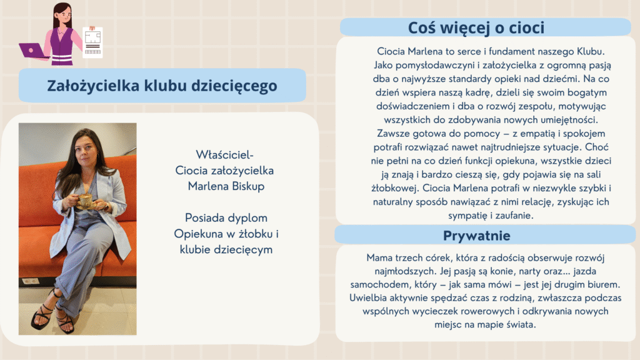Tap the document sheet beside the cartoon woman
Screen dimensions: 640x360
[x=92, y=42]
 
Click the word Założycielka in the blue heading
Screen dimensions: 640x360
[x=93, y=86]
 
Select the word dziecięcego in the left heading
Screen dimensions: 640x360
[x=234, y=86]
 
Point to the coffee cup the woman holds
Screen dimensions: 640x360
[x=85, y=201]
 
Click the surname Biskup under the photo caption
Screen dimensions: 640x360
[x=246, y=186]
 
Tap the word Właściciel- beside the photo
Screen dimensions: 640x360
[x=224, y=155]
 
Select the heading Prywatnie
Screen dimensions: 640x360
[x=477, y=236]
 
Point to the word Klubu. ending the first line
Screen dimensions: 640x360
[x=591, y=51]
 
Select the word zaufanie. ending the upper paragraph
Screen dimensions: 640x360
[x=514, y=216]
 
